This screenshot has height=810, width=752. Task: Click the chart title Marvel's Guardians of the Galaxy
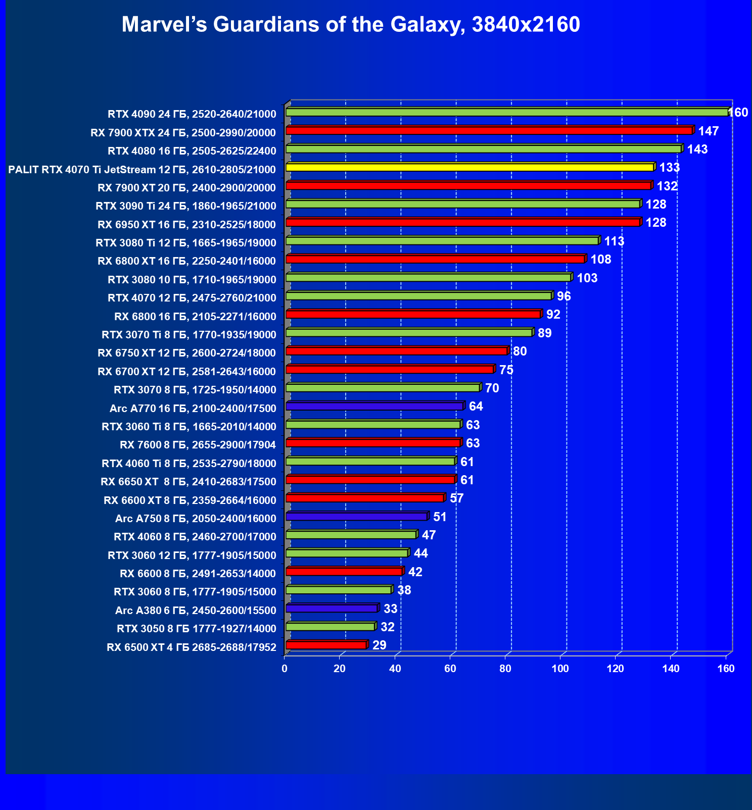coord(351,25)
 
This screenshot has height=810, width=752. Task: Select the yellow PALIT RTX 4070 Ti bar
coord(470,167)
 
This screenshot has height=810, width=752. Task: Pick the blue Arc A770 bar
coord(374,407)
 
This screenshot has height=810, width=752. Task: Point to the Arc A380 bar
coord(332,609)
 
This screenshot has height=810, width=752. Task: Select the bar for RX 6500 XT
coord(326,645)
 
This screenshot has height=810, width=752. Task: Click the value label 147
coord(708,131)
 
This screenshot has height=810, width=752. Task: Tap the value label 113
coord(614,241)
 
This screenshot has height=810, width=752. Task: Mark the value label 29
coord(379,645)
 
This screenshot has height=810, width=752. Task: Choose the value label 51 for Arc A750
coord(440,517)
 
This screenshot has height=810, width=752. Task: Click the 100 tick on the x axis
coord(560,669)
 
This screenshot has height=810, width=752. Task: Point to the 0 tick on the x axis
coord(285,669)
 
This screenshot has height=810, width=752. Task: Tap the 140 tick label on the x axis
coord(671,669)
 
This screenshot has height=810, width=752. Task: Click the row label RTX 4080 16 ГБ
coord(192,151)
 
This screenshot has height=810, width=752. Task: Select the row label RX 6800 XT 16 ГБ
coord(187,261)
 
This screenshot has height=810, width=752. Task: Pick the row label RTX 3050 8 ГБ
coord(197,629)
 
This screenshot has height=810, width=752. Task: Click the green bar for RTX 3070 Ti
coord(409,332)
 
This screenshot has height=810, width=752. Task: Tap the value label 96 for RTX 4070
coord(563,296)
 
